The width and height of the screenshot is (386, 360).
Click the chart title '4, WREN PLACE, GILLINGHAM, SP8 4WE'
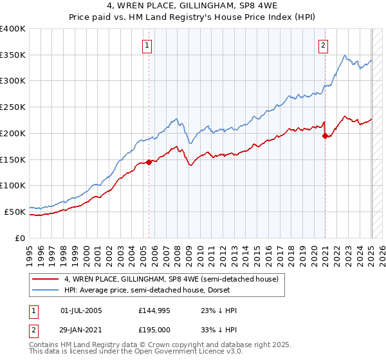pos(193,6)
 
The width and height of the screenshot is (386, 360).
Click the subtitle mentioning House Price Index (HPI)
pos(193,17)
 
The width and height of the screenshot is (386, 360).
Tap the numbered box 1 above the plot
pos(148,45)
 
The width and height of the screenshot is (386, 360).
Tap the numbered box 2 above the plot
pos(322,45)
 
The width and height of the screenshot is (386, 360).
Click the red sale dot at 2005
pos(149,162)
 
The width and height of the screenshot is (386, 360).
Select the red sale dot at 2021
pos(326,136)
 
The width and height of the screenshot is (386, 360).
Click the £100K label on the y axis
pos(13,185)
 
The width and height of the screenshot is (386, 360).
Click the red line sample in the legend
pos(45,279)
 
